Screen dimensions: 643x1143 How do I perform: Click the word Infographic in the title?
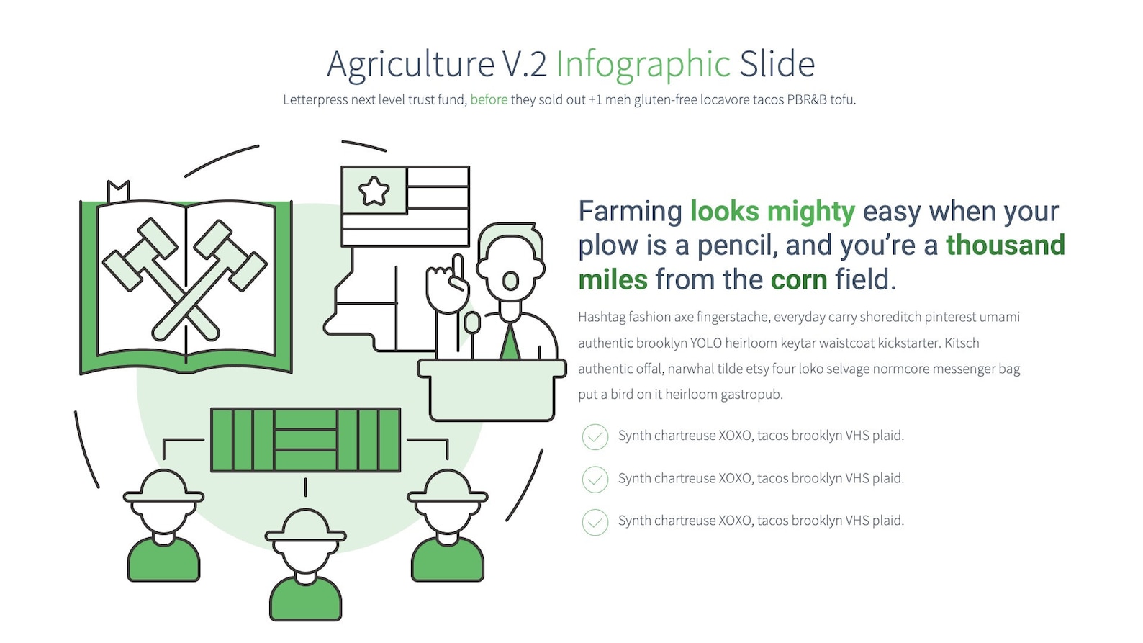click(643, 64)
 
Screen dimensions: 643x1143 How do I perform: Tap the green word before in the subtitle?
click(489, 99)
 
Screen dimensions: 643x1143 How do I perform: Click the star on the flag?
click(374, 191)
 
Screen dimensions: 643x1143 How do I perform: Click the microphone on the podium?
click(472, 323)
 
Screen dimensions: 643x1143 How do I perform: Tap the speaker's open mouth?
click(510, 281)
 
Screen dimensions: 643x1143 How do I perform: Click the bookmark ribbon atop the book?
click(118, 192)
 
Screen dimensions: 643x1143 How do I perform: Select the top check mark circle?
click(595, 436)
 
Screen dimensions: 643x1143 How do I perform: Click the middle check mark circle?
click(595, 480)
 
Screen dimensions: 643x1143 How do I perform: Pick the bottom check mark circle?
click(595, 522)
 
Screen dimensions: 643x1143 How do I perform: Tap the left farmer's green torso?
click(163, 560)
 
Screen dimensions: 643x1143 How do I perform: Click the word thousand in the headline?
click(1005, 246)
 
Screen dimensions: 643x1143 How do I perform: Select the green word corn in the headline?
click(798, 279)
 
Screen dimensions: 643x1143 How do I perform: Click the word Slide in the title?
click(777, 64)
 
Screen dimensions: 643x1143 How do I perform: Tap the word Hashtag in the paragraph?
click(601, 317)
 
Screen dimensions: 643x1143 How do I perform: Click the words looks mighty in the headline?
click(772, 212)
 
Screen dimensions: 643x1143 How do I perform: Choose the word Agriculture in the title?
click(410, 64)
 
